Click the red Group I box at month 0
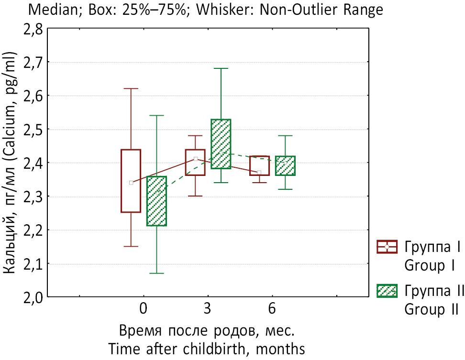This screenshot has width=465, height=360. (x=131, y=181)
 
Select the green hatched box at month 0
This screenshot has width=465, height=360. (x=156, y=201)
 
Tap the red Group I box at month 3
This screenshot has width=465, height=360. (x=195, y=163)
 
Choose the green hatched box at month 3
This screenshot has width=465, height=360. (x=221, y=143)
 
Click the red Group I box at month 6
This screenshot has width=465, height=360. (x=259, y=165)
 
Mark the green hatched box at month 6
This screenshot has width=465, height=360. (x=285, y=165)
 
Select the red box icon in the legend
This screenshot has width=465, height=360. (x=387, y=247)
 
